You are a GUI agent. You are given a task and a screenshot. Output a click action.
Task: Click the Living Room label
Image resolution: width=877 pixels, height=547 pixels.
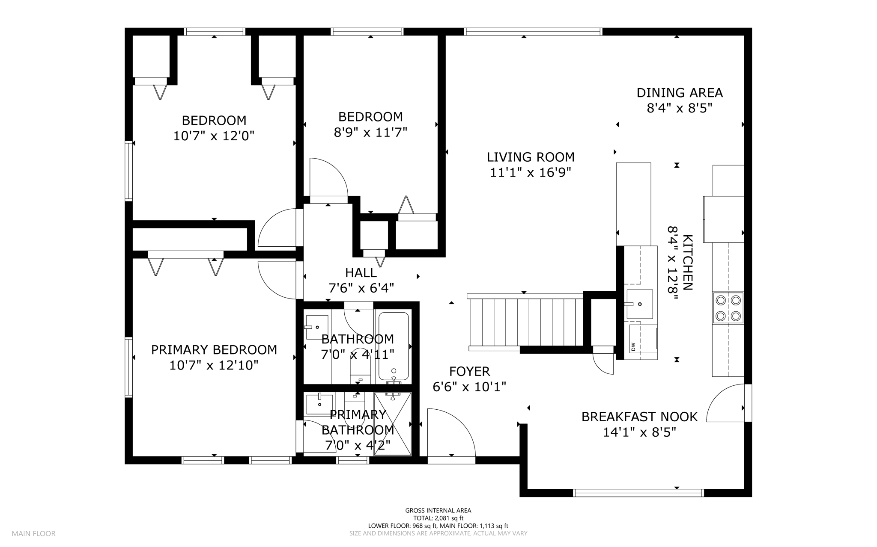click(531, 157)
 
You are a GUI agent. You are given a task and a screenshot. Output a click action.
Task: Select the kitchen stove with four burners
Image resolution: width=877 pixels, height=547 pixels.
click(728, 308)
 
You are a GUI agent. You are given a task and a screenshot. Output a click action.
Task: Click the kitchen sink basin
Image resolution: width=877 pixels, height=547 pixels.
click(640, 304)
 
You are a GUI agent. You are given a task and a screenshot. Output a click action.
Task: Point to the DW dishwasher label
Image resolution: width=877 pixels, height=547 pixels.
click(633, 346)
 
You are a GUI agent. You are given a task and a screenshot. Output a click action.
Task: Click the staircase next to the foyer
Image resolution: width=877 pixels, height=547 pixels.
click(526, 322)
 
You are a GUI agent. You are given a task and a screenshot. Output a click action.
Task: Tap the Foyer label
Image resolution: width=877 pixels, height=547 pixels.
click(469, 371)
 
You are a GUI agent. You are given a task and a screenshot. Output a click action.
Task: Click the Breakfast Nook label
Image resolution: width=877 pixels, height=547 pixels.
click(639, 417)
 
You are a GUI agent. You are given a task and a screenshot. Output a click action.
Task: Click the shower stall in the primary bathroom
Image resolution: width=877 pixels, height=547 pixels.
click(393, 424)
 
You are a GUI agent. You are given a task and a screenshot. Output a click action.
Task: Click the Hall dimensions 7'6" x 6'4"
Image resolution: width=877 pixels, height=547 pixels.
click(361, 288)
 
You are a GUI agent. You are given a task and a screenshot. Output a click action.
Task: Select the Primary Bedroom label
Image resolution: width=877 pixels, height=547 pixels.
click(214, 350)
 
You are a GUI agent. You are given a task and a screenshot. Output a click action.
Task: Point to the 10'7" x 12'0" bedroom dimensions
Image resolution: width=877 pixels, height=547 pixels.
click(214, 136)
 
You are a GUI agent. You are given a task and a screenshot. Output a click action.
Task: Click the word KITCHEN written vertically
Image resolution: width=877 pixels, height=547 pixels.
click(687, 263)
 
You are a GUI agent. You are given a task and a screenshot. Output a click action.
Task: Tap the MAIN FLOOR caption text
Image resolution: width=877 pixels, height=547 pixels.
click(34, 534)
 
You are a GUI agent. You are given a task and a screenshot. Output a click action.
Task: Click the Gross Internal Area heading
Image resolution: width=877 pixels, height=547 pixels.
click(438, 510)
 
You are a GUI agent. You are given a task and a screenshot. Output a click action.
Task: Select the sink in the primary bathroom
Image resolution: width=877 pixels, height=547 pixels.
click(319, 404)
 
